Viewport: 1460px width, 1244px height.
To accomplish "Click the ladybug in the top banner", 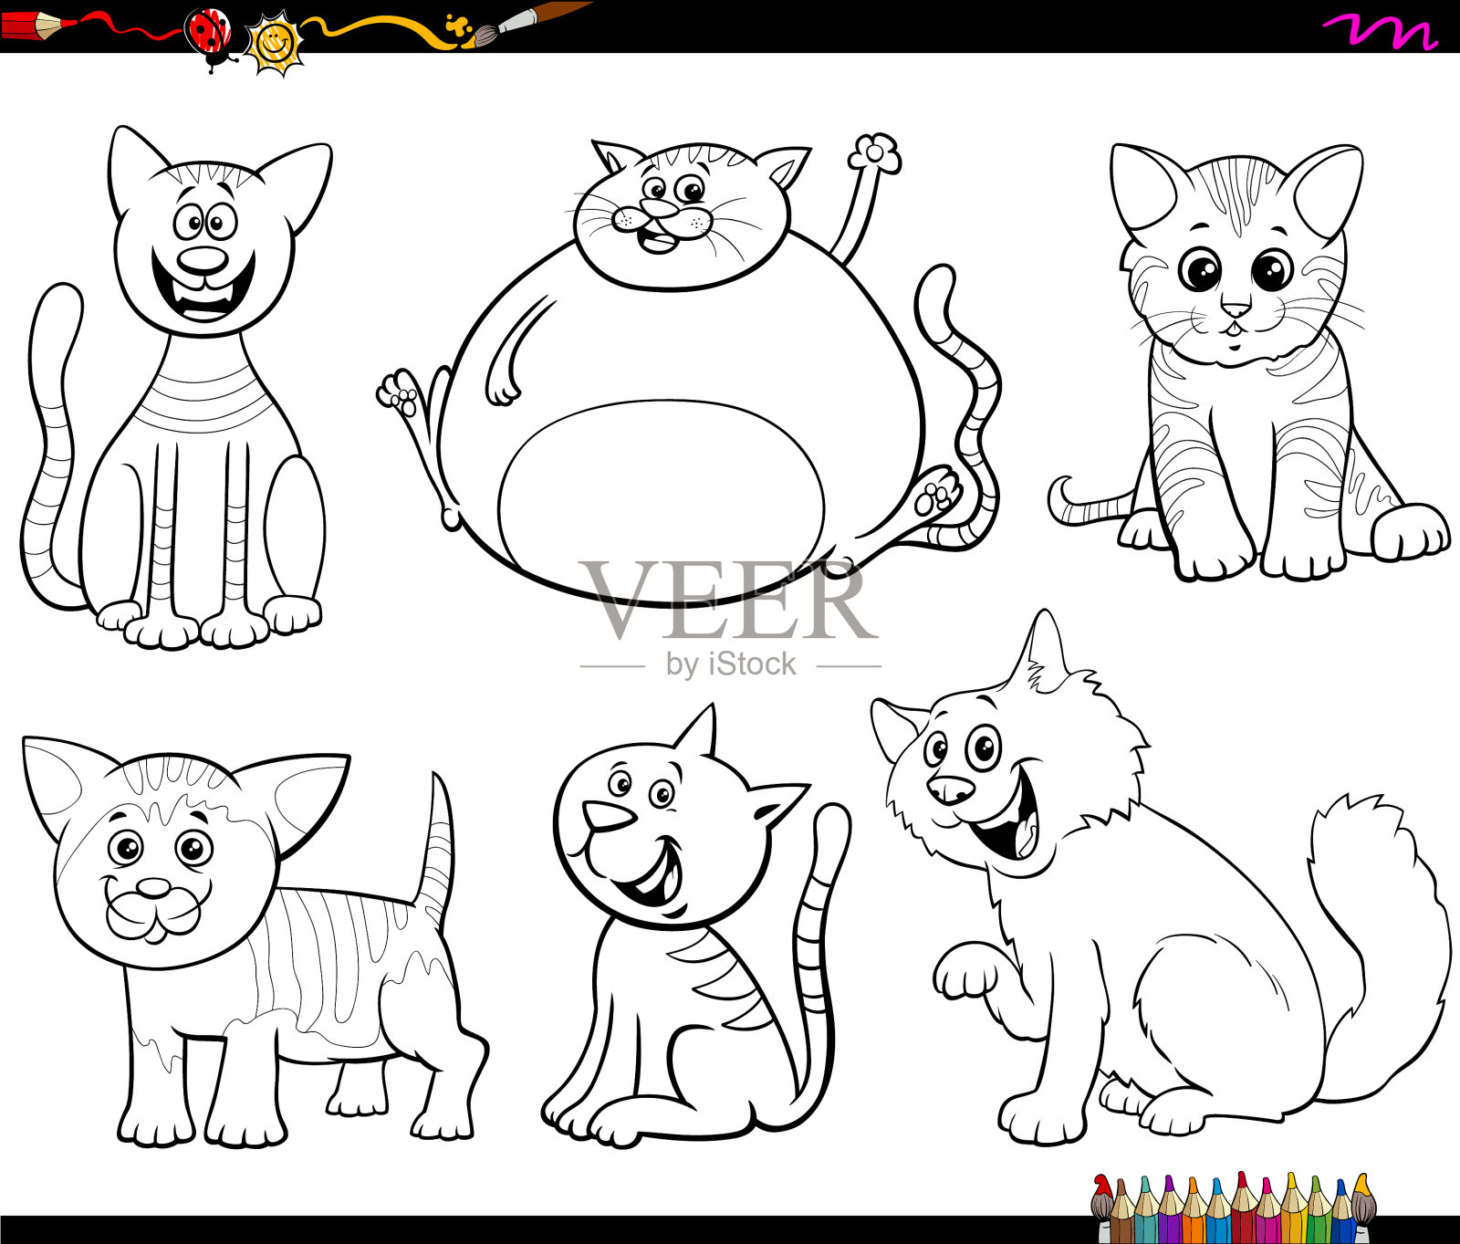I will (208, 35).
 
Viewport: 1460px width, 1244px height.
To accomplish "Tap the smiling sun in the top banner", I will (275, 42).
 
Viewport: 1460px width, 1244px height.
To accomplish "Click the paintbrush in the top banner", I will (529, 18).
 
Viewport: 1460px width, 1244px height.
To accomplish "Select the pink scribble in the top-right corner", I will (1380, 32).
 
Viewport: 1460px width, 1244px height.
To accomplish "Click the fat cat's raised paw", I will (875, 153).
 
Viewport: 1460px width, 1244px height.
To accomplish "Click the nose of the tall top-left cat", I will (203, 260).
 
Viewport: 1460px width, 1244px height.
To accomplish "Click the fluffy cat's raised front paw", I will (967, 975).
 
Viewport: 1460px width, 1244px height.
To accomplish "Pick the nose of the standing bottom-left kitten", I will (153, 888).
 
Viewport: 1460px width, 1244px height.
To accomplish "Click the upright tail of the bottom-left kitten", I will (438, 849).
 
